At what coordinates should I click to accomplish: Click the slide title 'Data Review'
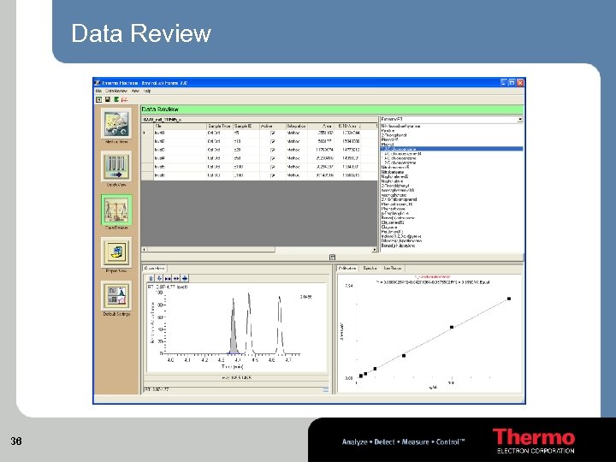141,33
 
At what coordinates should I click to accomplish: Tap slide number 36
15,441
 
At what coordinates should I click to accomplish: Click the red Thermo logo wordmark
533,437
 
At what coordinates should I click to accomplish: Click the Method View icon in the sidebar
116,125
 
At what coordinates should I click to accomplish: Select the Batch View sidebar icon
116,166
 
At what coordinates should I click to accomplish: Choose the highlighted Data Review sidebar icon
116,210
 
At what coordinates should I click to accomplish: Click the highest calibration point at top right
509,299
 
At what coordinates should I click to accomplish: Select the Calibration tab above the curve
347,269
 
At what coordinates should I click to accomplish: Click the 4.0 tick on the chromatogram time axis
170,360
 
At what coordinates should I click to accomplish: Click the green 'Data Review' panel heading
161,109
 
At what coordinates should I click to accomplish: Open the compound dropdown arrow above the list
519,119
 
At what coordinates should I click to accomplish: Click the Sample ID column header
246,126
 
